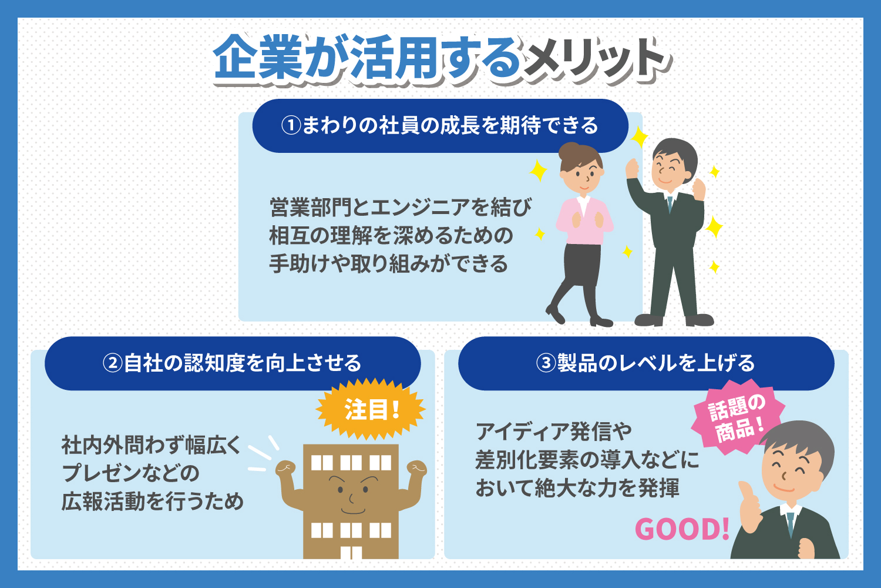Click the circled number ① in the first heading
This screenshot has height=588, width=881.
tap(291, 126)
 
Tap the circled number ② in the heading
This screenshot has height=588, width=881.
tap(113, 363)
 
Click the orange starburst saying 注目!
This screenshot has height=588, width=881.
tap(371, 409)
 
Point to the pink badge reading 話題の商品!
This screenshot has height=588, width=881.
tap(738, 418)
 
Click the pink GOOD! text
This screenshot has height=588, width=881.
tap(682, 529)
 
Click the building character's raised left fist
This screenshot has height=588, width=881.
tap(285, 468)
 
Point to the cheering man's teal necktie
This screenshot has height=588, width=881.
tap(670, 204)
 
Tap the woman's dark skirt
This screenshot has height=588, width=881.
tap(583, 264)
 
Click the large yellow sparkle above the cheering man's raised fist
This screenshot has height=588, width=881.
tap(640, 136)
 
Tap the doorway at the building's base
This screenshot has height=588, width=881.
tap(351, 552)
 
